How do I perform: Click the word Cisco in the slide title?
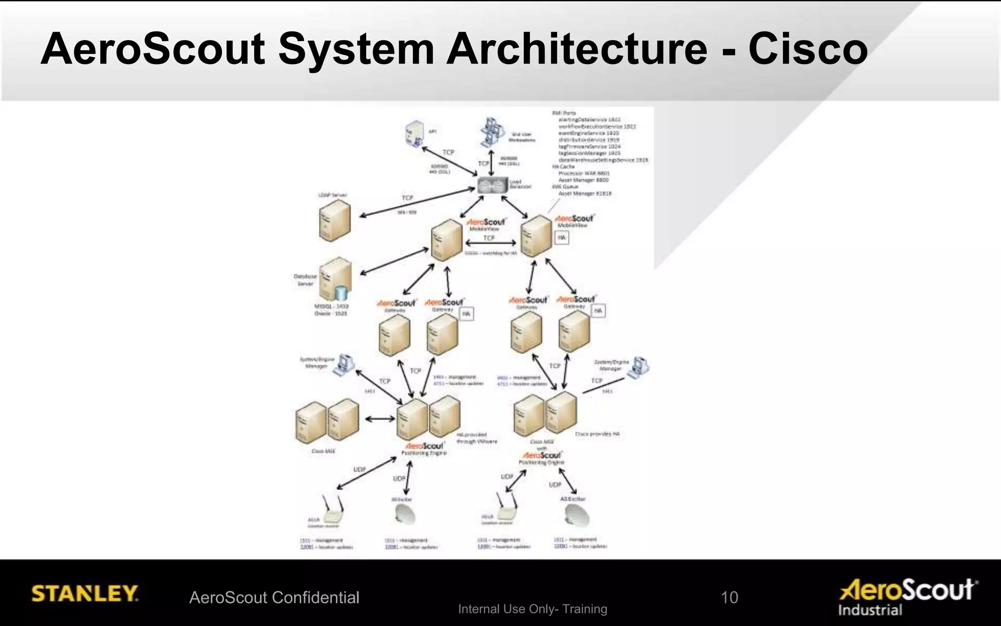coord(807,49)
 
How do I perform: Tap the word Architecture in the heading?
coord(576,49)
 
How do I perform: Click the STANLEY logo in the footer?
coord(85,594)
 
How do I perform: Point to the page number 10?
coord(729,597)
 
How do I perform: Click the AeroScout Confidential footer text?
coord(274,597)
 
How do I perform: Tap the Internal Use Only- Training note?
coord(532,609)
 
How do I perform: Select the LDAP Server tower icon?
coord(335,221)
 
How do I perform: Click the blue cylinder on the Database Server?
coord(341,293)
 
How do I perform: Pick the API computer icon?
coord(414,133)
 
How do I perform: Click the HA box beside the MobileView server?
coord(562,238)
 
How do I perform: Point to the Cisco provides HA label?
coord(597,434)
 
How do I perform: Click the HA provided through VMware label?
coord(477,438)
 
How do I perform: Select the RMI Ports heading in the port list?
coord(564,113)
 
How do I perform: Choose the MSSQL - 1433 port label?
coord(331,306)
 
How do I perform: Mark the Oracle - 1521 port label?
coord(331,313)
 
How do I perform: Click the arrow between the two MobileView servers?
coord(491,243)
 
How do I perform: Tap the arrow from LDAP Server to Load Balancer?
coord(417,202)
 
